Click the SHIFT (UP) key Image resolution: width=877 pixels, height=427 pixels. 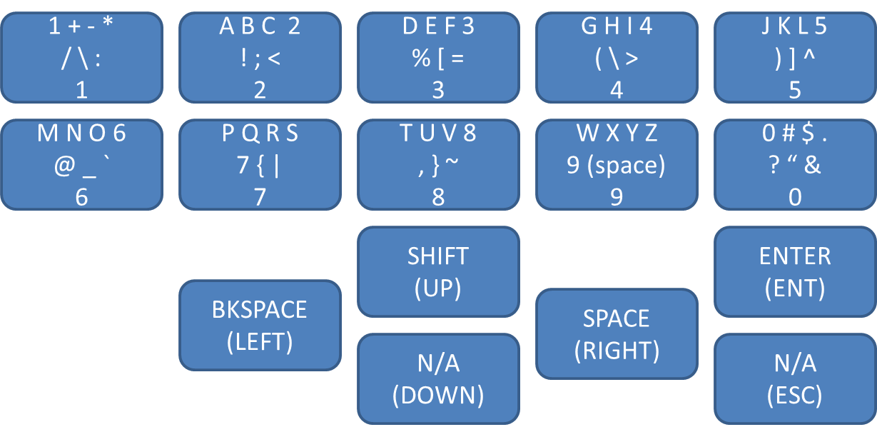click(x=438, y=271)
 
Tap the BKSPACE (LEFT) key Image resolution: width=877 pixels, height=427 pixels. click(x=260, y=326)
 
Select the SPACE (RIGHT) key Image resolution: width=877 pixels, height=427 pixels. click(x=617, y=333)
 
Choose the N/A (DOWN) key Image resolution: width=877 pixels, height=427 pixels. click(x=438, y=378)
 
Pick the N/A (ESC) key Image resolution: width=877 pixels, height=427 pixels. click(x=795, y=378)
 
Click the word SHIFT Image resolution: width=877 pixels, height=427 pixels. click(x=438, y=256)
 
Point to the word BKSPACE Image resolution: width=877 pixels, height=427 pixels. click(x=260, y=310)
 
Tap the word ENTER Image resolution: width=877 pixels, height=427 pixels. click(x=795, y=256)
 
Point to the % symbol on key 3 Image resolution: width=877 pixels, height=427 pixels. click(x=420, y=59)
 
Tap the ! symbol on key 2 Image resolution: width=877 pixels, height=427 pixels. click(x=245, y=59)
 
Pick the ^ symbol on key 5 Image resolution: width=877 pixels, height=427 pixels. click(x=809, y=57)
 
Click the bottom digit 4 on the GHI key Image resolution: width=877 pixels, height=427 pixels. click(x=617, y=90)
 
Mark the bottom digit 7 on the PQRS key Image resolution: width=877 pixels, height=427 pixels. click(x=260, y=197)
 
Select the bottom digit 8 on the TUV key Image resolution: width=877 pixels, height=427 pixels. click(x=438, y=197)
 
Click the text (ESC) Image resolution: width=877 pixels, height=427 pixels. click(x=795, y=395)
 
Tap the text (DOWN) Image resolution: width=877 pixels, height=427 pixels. click(x=438, y=395)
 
